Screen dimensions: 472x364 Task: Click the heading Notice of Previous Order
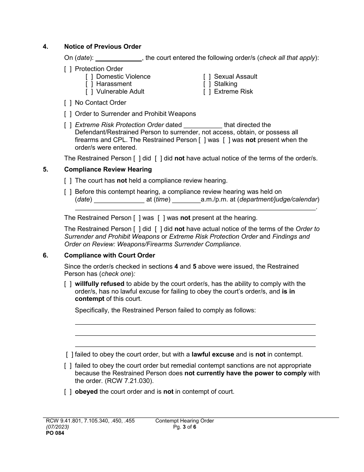tap(103, 47)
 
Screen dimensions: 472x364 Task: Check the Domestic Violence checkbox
tap(89, 77)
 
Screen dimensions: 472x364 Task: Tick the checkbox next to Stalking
tap(207, 84)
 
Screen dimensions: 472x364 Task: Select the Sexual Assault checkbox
tap(207, 77)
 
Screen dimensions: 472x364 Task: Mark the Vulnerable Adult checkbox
tap(89, 92)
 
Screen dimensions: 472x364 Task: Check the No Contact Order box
tap(68, 103)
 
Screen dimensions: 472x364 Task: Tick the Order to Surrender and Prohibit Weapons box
tap(68, 114)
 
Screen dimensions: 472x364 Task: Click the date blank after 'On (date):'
tap(118, 58)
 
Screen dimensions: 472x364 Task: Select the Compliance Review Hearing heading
tap(108, 170)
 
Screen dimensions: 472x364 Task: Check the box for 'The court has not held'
tap(68, 181)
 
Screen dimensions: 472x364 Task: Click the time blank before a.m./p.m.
tap(186, 200)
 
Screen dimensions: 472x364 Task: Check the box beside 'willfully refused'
tap(68, 284)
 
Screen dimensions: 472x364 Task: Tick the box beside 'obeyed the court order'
tap(68, 392)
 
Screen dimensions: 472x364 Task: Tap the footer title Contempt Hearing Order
tap(184, 421)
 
